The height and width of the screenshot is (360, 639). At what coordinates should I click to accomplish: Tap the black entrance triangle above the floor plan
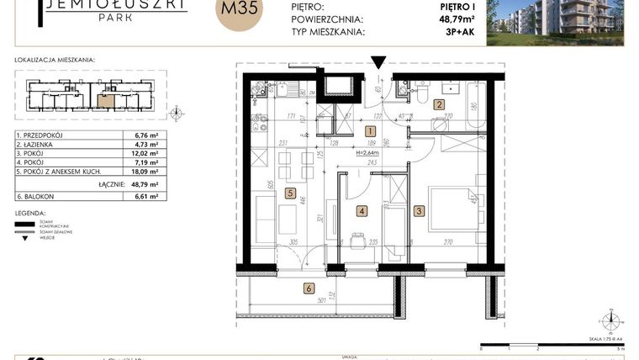[379, 62]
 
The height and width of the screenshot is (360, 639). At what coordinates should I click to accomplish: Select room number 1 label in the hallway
[370, 130]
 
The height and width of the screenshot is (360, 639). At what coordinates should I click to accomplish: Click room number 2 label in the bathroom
[438, 105]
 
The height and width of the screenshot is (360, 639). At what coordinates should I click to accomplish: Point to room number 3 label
[419, 212]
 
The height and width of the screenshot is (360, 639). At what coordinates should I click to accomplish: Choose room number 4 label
[362, 212]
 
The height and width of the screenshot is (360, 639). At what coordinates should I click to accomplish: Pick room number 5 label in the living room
[290, 193]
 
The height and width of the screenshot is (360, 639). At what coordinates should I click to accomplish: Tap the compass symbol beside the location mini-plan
[175, 112]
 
